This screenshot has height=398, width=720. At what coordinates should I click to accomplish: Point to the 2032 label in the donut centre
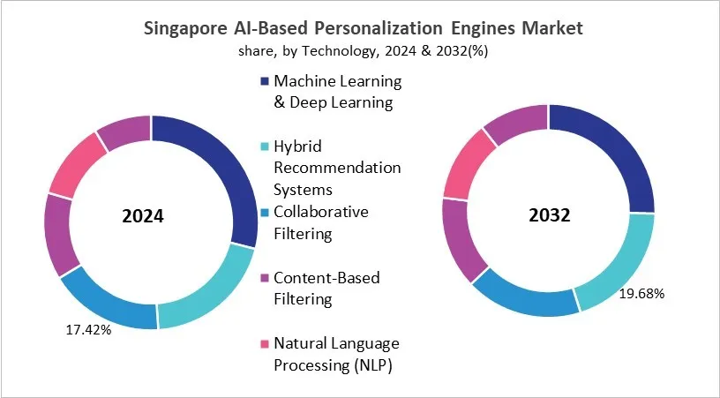click(549, 215)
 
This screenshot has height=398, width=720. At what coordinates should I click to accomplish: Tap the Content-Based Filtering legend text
click(326, 289)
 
